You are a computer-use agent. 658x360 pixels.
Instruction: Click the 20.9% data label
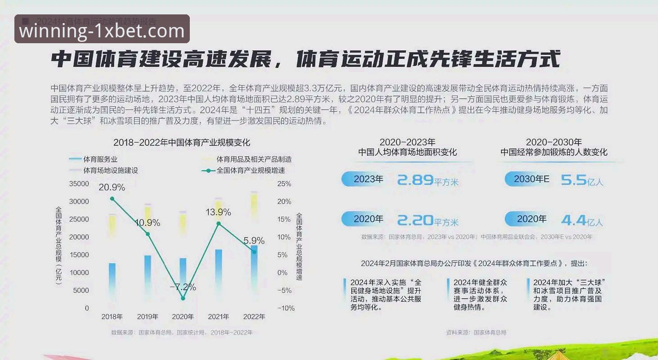(112, 187)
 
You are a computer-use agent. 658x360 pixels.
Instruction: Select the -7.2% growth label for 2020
(183, 287)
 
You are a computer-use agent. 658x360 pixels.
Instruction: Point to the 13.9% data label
(218, 212)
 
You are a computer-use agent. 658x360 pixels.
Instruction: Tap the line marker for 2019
(148, 234)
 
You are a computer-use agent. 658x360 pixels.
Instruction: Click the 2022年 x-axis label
(254, 317)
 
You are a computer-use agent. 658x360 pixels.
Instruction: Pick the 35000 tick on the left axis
(79, 184)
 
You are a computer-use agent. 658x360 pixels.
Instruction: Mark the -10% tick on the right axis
(286, 308)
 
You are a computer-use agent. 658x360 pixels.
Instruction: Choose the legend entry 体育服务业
(100, 159)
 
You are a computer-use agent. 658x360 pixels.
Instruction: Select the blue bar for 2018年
(112, 279)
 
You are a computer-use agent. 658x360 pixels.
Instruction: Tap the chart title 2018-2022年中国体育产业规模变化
(182, 143)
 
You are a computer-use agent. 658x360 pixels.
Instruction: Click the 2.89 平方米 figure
(427, 180)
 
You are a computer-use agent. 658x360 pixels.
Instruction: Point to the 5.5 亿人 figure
(582, 180)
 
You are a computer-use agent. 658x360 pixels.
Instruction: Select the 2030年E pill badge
(531, 179)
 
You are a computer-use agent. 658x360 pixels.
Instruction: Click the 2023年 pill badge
(368, 179)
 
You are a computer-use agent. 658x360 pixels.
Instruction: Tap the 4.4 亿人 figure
(582, 220)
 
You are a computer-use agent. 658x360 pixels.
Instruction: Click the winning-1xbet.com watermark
(102, 31)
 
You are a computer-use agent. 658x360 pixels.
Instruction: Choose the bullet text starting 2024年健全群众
(480, 295)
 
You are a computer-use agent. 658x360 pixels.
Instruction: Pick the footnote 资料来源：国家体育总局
(476, 333)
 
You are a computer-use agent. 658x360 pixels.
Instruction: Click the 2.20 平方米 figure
(427, 220)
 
